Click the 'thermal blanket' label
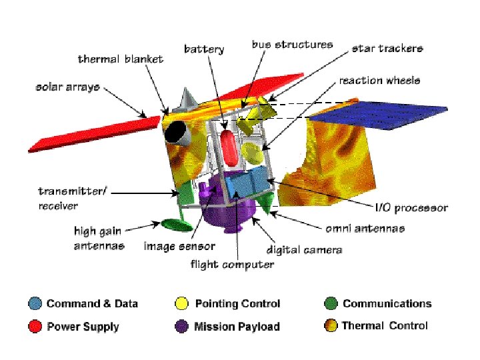click(x=120, y=59)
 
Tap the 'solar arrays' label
click(x=67, y=87)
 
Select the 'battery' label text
click(x=204, y=49)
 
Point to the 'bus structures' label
click(x=292, y=45)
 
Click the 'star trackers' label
click(x=387, y=49)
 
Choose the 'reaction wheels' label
click(x=379, y=81)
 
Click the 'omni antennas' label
click(x=365, y=229)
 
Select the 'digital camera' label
click(x=305, y=250)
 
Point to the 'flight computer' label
click(x=232, y=265)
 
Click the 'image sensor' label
click(x=179, y=247)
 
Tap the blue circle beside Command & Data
click(x=35, y=304)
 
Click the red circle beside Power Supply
click(x=35, y=327)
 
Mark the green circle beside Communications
click(x=330, y=304)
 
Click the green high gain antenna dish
click(x=173, y=225)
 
